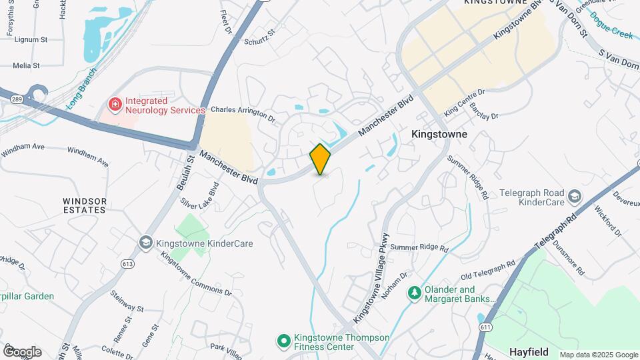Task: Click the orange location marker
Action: point(320,159)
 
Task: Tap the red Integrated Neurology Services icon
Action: point(115,105)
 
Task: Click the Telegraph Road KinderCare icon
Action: point(574,195)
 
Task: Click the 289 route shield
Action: point(14,98)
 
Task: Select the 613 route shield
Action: point(127,263)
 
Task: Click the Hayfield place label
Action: point(529,351)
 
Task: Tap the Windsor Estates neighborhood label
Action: point(85,205)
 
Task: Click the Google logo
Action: point(22,351)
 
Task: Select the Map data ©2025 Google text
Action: point(598,355)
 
